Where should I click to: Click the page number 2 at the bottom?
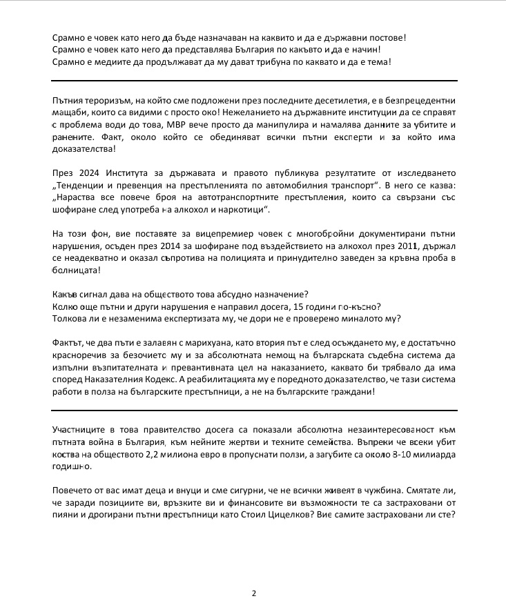click(x=253, y=593)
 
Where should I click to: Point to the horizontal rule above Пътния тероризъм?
click(x=253, y=81)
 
